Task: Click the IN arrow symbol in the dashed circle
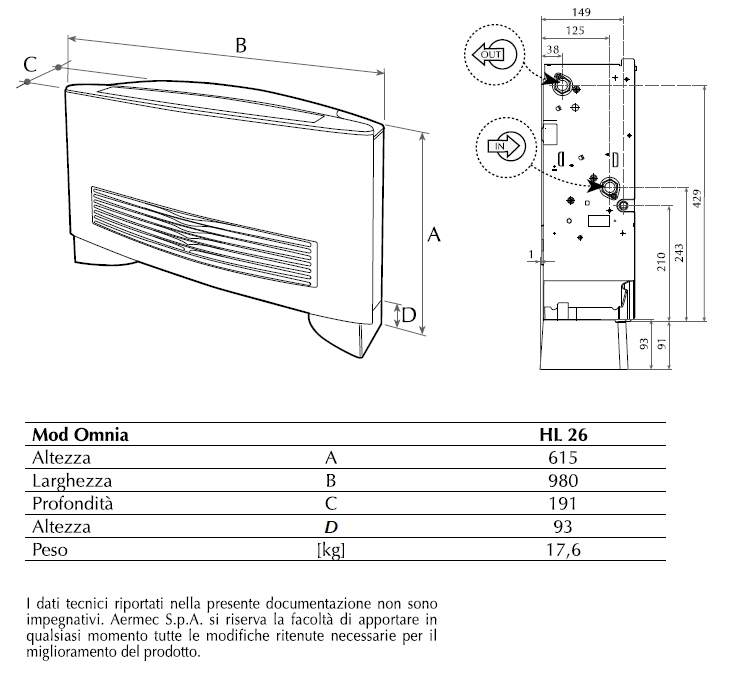[x=504, y=146]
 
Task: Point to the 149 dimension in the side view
[x=580, y=14]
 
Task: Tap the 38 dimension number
[x=552, y=48]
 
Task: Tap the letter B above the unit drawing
[x=240, y=44]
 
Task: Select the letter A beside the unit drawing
[x=434, y=235]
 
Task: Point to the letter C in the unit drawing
[x=30, y=63]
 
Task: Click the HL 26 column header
[x=563, y=435]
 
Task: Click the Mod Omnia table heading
[x=80, y=435]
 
